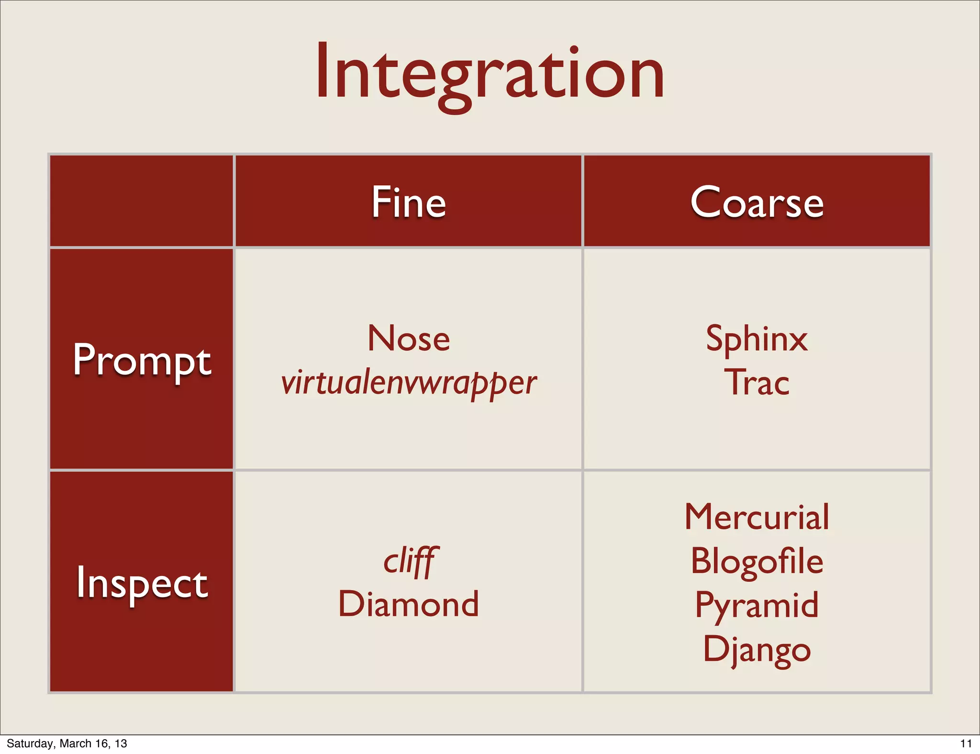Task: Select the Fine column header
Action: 409,202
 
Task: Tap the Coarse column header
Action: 757,202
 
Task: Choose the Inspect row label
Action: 142,582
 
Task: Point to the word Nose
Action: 409,338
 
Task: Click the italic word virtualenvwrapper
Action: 409,383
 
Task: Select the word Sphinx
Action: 757,339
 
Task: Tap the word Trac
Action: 757,383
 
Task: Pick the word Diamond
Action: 409,604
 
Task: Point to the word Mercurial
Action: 757,517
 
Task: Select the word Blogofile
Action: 757,561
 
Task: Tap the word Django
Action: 757,649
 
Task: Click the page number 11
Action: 966,743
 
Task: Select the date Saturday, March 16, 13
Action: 67,743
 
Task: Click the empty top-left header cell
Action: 142,201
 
